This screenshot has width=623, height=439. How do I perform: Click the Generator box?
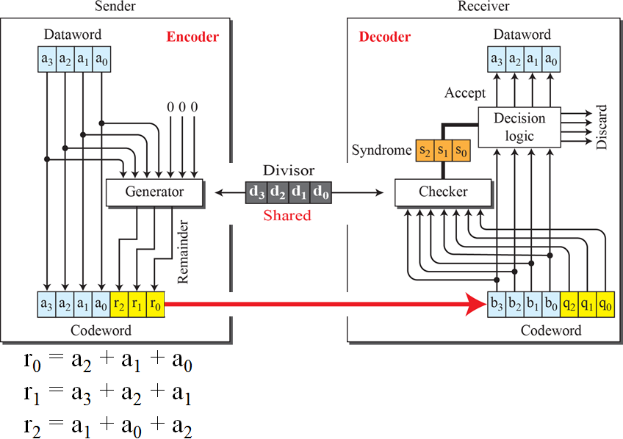(x=154, y=192)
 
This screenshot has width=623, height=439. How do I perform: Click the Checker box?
(x=443, y=192)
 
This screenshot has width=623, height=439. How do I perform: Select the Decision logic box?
(x=519, y=126)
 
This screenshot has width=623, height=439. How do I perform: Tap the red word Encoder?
(x=192, y=37)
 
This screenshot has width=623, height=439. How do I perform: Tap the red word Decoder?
(x=384, y=37)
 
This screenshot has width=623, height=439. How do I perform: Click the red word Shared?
(x=287, y=215)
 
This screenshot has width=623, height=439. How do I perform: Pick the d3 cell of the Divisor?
(x=256, y=192)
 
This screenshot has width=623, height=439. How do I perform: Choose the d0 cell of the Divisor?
(x=320, y=192)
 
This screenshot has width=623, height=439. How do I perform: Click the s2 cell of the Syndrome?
(x=425, y=150)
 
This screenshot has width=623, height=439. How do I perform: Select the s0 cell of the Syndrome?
(x=460, y=150)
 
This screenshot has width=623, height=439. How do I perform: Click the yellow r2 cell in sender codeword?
(x=119, y=302)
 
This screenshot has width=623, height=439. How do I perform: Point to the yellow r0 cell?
(x=155, y=302)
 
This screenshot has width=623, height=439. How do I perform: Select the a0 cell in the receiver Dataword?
(x=551, y=58)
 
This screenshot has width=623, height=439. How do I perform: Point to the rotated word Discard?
(x=602, y=126)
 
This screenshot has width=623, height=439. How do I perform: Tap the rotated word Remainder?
(x=184, y=250)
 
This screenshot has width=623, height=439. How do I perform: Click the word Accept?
(x=464, y=92)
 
